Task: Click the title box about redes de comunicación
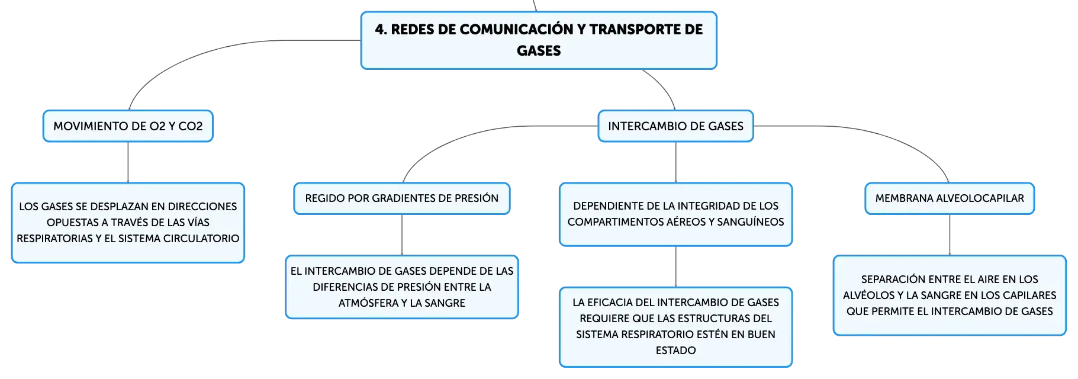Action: [x=539, y=40]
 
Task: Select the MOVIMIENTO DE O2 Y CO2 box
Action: [x=128, y=126]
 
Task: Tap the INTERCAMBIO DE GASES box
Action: [x=675, y=126]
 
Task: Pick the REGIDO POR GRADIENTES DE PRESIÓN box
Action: [x=402, y=198]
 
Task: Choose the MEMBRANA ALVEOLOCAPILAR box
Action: [x=950, y=198]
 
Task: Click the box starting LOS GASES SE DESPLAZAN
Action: [x=128, y=223]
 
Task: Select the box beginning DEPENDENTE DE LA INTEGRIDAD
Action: [x=675, y=214]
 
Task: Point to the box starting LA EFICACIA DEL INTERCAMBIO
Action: [x=675, y=327]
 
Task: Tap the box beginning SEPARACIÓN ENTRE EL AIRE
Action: [x=950, y=296]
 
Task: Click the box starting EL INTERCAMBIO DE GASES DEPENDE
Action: [x=402, y=287]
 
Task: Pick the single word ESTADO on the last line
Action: [x=675, y=351]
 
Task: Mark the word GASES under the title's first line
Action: [x=539, y=51]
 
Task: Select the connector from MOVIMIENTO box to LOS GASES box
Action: [x=128, y=162]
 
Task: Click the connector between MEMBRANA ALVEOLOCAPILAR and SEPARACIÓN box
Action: [x=950, y=235]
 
